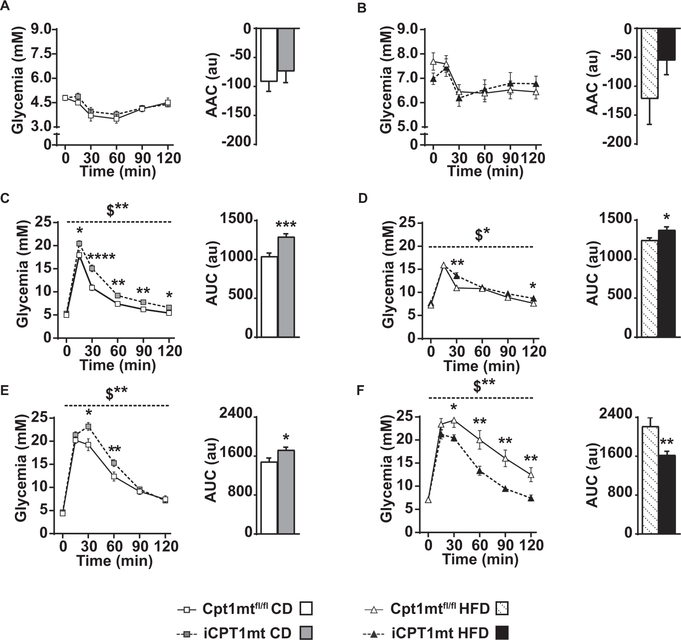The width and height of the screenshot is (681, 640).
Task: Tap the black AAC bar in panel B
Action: click(667, 45)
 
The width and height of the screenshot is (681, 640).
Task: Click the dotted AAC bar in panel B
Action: click(650, 64)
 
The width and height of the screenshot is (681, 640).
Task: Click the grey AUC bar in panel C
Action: click(286, 287)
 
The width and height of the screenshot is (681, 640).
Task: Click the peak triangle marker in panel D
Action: click(444, 266)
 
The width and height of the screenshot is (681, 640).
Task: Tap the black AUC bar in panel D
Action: click(667, 283)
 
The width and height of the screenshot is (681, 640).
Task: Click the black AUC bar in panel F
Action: click(667, 494)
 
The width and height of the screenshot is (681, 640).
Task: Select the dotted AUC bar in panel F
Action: click(650, 480)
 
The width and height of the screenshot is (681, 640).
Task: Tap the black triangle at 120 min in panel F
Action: click(531, 499)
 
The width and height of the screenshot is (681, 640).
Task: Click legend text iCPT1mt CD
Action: click(248, 633)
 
